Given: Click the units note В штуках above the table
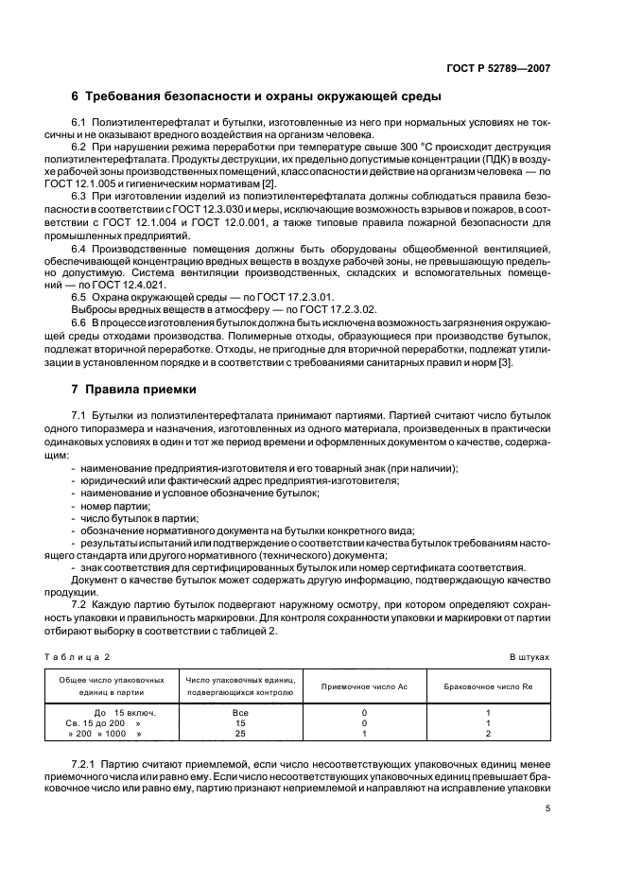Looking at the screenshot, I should click(x=529, y=655).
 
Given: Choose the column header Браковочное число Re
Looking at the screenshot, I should click(x=487, y=685).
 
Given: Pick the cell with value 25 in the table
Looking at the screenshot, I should click(x=239, y=733).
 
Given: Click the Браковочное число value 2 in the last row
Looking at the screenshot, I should click(x=487, y=733).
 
